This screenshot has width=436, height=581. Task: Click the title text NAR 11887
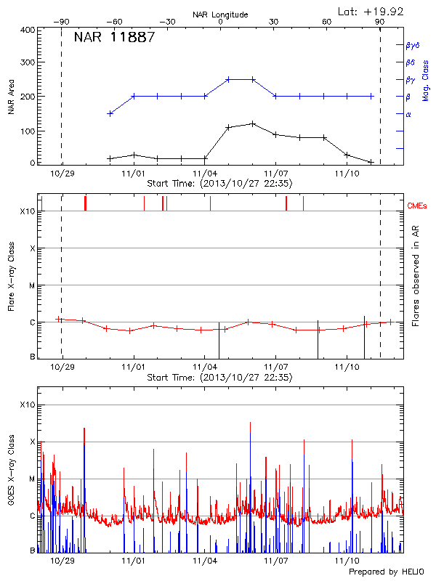[114, 38]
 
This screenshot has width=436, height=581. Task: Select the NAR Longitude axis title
[220, 15]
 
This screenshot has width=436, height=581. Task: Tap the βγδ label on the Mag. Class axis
[412, 45]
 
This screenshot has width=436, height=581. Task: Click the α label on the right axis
[408, 115]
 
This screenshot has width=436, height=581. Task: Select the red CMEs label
[417, 206]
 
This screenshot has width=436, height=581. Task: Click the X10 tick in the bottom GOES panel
[27, 405]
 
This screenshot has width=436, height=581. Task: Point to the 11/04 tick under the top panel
[205, 174]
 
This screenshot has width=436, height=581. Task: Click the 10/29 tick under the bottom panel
[62, 561]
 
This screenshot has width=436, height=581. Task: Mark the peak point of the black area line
[252, 123]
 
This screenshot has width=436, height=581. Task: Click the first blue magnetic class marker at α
[110, 113]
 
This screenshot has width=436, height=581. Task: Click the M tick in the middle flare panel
[31, 285]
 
